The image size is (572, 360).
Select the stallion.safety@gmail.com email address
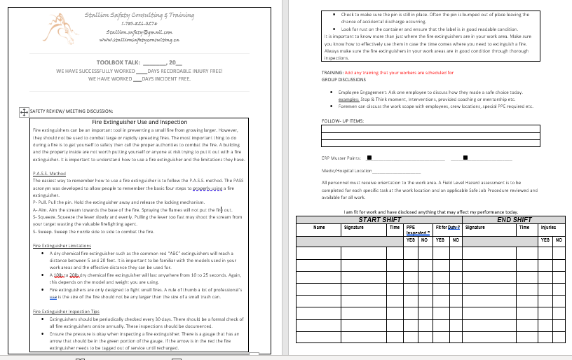click(139, 32)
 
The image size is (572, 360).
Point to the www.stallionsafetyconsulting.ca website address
click(140, 41)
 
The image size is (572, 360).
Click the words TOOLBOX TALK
click(118, 63)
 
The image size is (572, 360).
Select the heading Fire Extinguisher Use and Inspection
click(141, 122)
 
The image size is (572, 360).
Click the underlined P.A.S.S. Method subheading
click(49, 173)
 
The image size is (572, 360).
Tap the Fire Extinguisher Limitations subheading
click(62, 246)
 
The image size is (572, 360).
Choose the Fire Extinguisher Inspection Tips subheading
click(67, 311)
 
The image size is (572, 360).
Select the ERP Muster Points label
click(340, 158)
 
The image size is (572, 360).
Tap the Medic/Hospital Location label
click(346, 170)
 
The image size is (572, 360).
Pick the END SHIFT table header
click(514, 219)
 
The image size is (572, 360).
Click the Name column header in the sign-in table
click(319, 227)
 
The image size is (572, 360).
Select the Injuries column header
click(548, 227)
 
